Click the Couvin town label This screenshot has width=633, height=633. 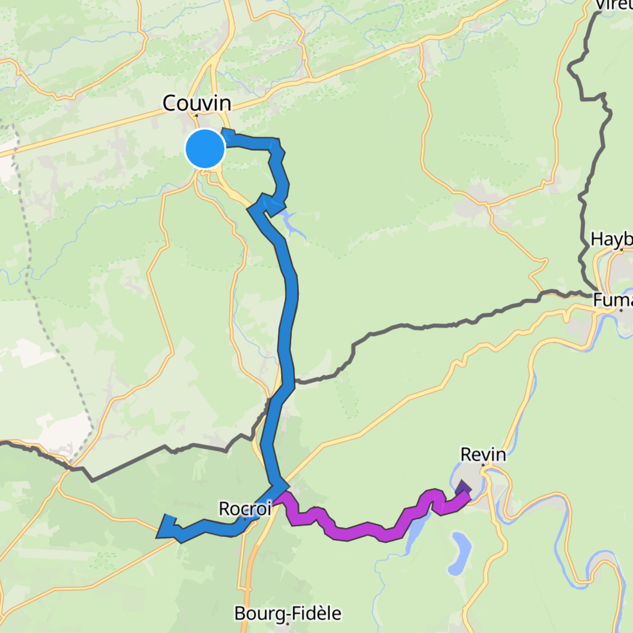(x=196, y=103)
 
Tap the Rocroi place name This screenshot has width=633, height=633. (x=245, y=509)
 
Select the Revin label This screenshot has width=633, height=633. (x=483, y=454)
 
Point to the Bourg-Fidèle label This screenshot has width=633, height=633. (x=288, y=613)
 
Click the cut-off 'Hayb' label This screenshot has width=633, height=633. (x=612, y=239)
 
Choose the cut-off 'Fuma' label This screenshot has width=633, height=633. (x=612, y=300)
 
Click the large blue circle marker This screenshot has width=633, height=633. (x=205, y=149)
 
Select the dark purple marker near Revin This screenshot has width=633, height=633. (x=463, y=488)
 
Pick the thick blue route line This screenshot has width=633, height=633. (x=289, y=318)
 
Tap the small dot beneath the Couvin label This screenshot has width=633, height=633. (x=196, y=116)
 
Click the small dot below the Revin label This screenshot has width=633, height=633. (x=483, y=465)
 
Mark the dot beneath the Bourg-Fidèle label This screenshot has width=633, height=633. (x=288, y=624)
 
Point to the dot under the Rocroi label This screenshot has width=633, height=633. (x=245, y=519)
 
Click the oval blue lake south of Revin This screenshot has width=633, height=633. (x=461, y=553)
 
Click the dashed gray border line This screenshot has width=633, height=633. (x=42, y=318)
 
